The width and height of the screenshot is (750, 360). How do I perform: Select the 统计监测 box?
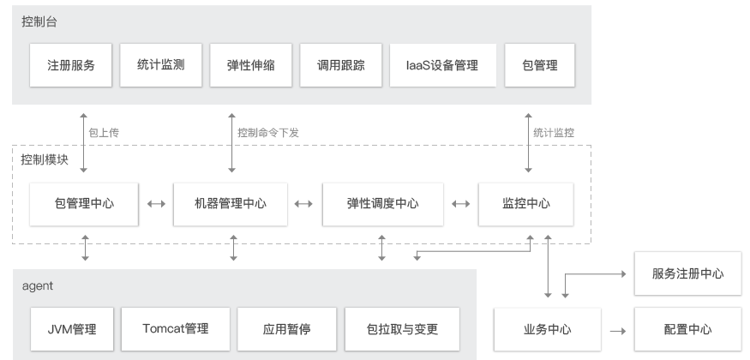[x=160, y=65]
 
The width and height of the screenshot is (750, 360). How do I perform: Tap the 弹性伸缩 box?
[x=251, y=65]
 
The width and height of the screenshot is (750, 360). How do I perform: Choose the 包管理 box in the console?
[x=540, y=65]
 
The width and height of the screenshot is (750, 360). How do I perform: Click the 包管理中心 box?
[x=84, y=204]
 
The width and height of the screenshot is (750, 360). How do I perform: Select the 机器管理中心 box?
[x=231, y=204]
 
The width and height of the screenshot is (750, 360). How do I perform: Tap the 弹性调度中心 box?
[x=382, y=204]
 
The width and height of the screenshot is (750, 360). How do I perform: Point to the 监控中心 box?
[x=525, y=204]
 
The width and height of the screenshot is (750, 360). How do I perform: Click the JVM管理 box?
[x=72, y=329]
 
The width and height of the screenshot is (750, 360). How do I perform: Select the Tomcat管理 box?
[x=175, y=329]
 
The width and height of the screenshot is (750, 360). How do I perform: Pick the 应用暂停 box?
[x=285, y=329]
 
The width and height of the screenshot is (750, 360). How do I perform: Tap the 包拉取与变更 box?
[x=401, y=329]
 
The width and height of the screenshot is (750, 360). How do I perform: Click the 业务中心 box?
[x=547, y=329]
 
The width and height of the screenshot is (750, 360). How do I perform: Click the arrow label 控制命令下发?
[x=268, y=133]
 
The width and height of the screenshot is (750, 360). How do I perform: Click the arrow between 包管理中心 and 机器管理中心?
[x=156, y=204]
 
